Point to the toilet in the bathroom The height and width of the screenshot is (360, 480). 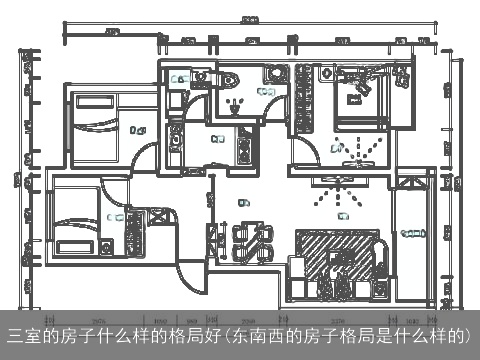click(x=231, y=83)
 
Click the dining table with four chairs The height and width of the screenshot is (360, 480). click(x=252, y=241)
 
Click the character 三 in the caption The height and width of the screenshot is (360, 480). click(x=14, y=334)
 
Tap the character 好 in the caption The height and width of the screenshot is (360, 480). click(x=218, y=334)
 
